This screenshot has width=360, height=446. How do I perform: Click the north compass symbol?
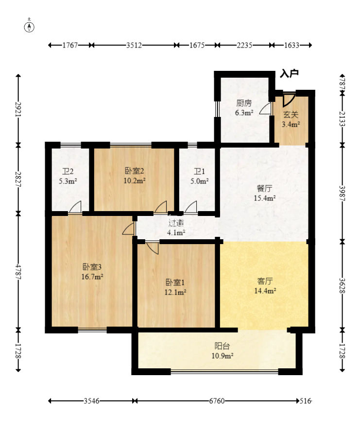[x=29, y=26]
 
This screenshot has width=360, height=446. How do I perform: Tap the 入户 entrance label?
[x=289, y=73]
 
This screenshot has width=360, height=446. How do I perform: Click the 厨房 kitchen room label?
[x=244, y=103]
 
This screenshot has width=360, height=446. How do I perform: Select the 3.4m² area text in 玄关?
[x=291, y=124]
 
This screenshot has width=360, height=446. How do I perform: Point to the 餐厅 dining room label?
[x=264, y=188]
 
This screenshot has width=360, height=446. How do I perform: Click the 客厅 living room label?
[x=265, y=281]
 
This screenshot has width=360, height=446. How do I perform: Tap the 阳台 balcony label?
[x=222, y=346]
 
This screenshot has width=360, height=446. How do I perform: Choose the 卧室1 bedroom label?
[x=175, y=282]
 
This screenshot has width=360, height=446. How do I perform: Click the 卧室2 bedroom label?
[x=134, y=171]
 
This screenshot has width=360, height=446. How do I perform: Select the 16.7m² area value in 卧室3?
[x=92, y=277]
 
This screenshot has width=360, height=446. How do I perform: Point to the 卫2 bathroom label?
[x=68, y=171]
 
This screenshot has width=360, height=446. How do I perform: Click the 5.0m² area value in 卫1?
[x=199, y=181]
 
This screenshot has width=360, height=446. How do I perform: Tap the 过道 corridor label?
[x=175, y=223]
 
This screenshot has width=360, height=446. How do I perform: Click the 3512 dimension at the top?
[x=134, y=45]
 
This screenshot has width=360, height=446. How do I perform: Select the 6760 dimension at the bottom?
[x=217, y=401]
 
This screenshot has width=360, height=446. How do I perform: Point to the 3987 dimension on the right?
[x=343, y=194]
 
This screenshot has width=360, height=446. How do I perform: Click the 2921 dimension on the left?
[x=18, y=109]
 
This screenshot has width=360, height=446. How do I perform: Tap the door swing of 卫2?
[x=75, y=207]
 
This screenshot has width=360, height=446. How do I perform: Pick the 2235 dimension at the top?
[x=244, y=45]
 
